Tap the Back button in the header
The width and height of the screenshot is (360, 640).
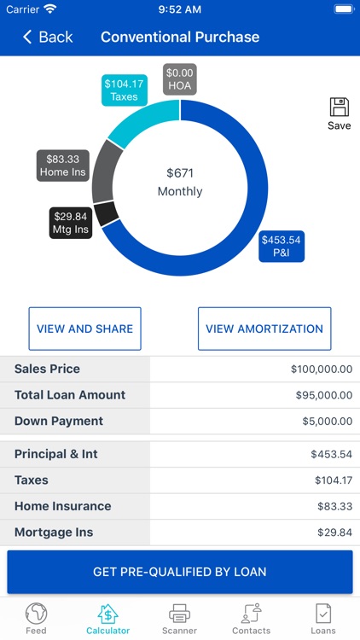(x=48, y=37)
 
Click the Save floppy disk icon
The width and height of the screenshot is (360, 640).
(x=339, y=108)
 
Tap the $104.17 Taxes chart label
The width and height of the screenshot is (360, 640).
(x=124, y=90)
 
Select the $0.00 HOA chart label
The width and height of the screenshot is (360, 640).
(x=180, y=79)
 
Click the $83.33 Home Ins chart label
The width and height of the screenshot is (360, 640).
(x=63, y=166)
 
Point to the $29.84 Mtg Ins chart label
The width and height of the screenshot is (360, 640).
(x=70, y=223)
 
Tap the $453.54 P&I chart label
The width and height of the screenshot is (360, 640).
(x=282, y=246)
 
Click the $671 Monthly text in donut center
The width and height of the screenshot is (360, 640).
(x=180, y=182)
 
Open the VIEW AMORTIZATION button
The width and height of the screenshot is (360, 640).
(x=264, y=329)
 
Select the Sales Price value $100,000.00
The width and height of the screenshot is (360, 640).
(x=321, y=369)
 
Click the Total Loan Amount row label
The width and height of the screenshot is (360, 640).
(x=70, y=395)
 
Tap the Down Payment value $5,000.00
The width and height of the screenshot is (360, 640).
(x=327, y=422)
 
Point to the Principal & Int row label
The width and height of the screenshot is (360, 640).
(x=56, y=454)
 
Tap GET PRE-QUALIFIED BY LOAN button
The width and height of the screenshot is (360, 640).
(x=180, y=572)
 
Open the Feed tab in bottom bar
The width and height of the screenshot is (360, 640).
(x=36, y=619)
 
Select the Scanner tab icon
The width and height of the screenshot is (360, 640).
(x=179, y=614)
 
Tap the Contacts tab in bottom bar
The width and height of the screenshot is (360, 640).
(x=251, y=619)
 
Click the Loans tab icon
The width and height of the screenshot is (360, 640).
(x=323, y=614)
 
